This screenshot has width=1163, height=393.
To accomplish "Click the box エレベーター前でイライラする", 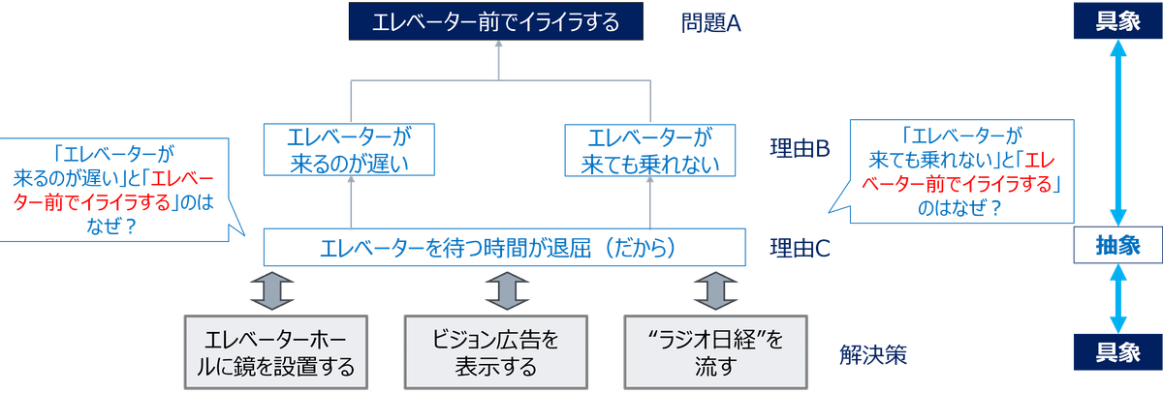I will (x=497, y=22).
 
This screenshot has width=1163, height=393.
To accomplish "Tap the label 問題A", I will (x=710, y=22).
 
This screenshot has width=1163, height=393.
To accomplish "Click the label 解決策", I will (x=872, y=354).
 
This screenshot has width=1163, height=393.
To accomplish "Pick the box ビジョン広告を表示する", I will (x=496, y=353).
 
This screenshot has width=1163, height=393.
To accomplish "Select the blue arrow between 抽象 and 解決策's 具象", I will (x=1117, y=301).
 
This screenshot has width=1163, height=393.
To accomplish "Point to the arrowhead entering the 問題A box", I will (x=497, y=48).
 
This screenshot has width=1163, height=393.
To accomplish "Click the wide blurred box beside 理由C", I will (x=503, y=248).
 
